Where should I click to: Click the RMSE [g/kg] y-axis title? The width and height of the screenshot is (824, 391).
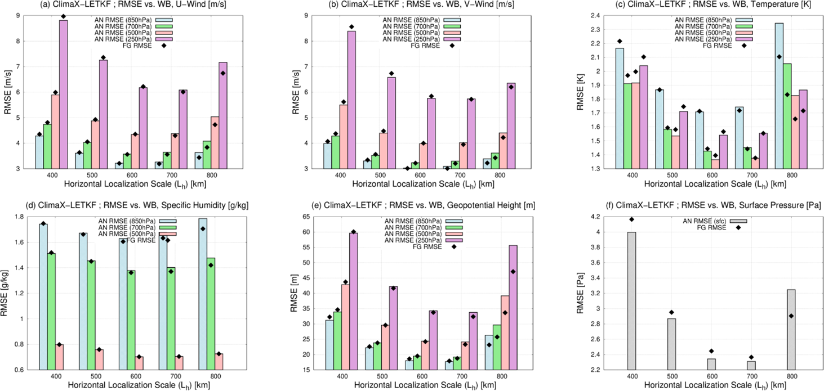click(7, 294)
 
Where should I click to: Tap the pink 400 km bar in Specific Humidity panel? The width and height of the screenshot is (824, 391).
click(59, 357)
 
